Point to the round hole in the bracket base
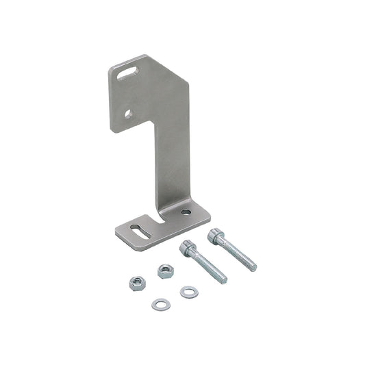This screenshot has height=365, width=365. coord(186,213)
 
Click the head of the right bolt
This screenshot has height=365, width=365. coord(216,236)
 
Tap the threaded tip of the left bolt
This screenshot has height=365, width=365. coord(223,279)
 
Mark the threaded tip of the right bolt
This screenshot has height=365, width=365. coord(252,266)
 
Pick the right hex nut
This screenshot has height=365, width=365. coord(164,270)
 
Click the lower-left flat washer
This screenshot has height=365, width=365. coord(161,303)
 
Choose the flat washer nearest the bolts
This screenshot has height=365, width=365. coord(189,292)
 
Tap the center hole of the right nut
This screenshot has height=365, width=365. coord(164,269)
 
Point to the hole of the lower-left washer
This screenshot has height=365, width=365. coord(161,303)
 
